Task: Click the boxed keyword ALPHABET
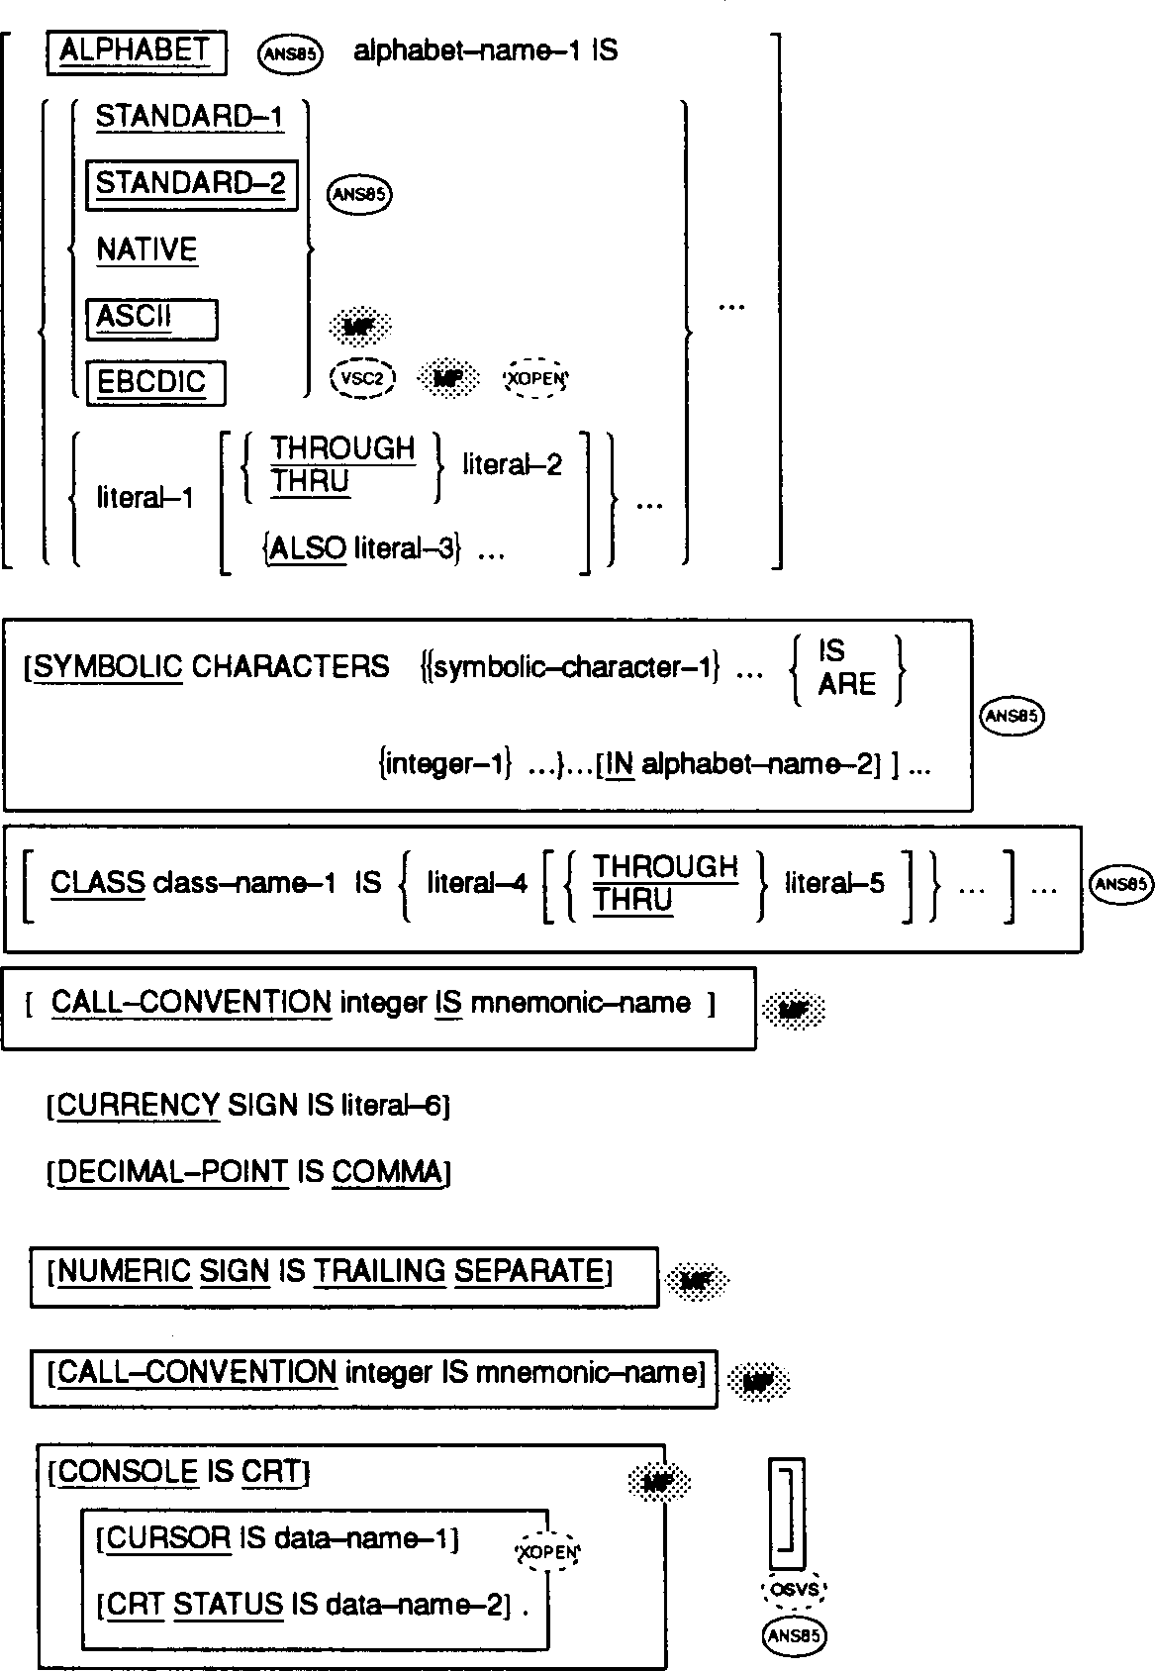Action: point(135,51)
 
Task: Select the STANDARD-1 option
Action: point(189,117)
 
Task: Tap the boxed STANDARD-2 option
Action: point(190,183)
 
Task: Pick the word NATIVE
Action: point(146,249)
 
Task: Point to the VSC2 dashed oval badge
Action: point(362,378)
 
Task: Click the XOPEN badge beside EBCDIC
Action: point(536,378)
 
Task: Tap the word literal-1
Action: point(145,497)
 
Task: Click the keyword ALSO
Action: point(307,547)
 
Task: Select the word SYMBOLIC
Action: point(108,666)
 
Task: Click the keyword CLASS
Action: point(97,882)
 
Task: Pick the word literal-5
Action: point(834,882)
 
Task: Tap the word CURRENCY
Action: point(138,1105)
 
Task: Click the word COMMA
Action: point(388,1172)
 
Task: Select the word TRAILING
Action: point(379,1271)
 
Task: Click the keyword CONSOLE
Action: point(128,1472)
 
